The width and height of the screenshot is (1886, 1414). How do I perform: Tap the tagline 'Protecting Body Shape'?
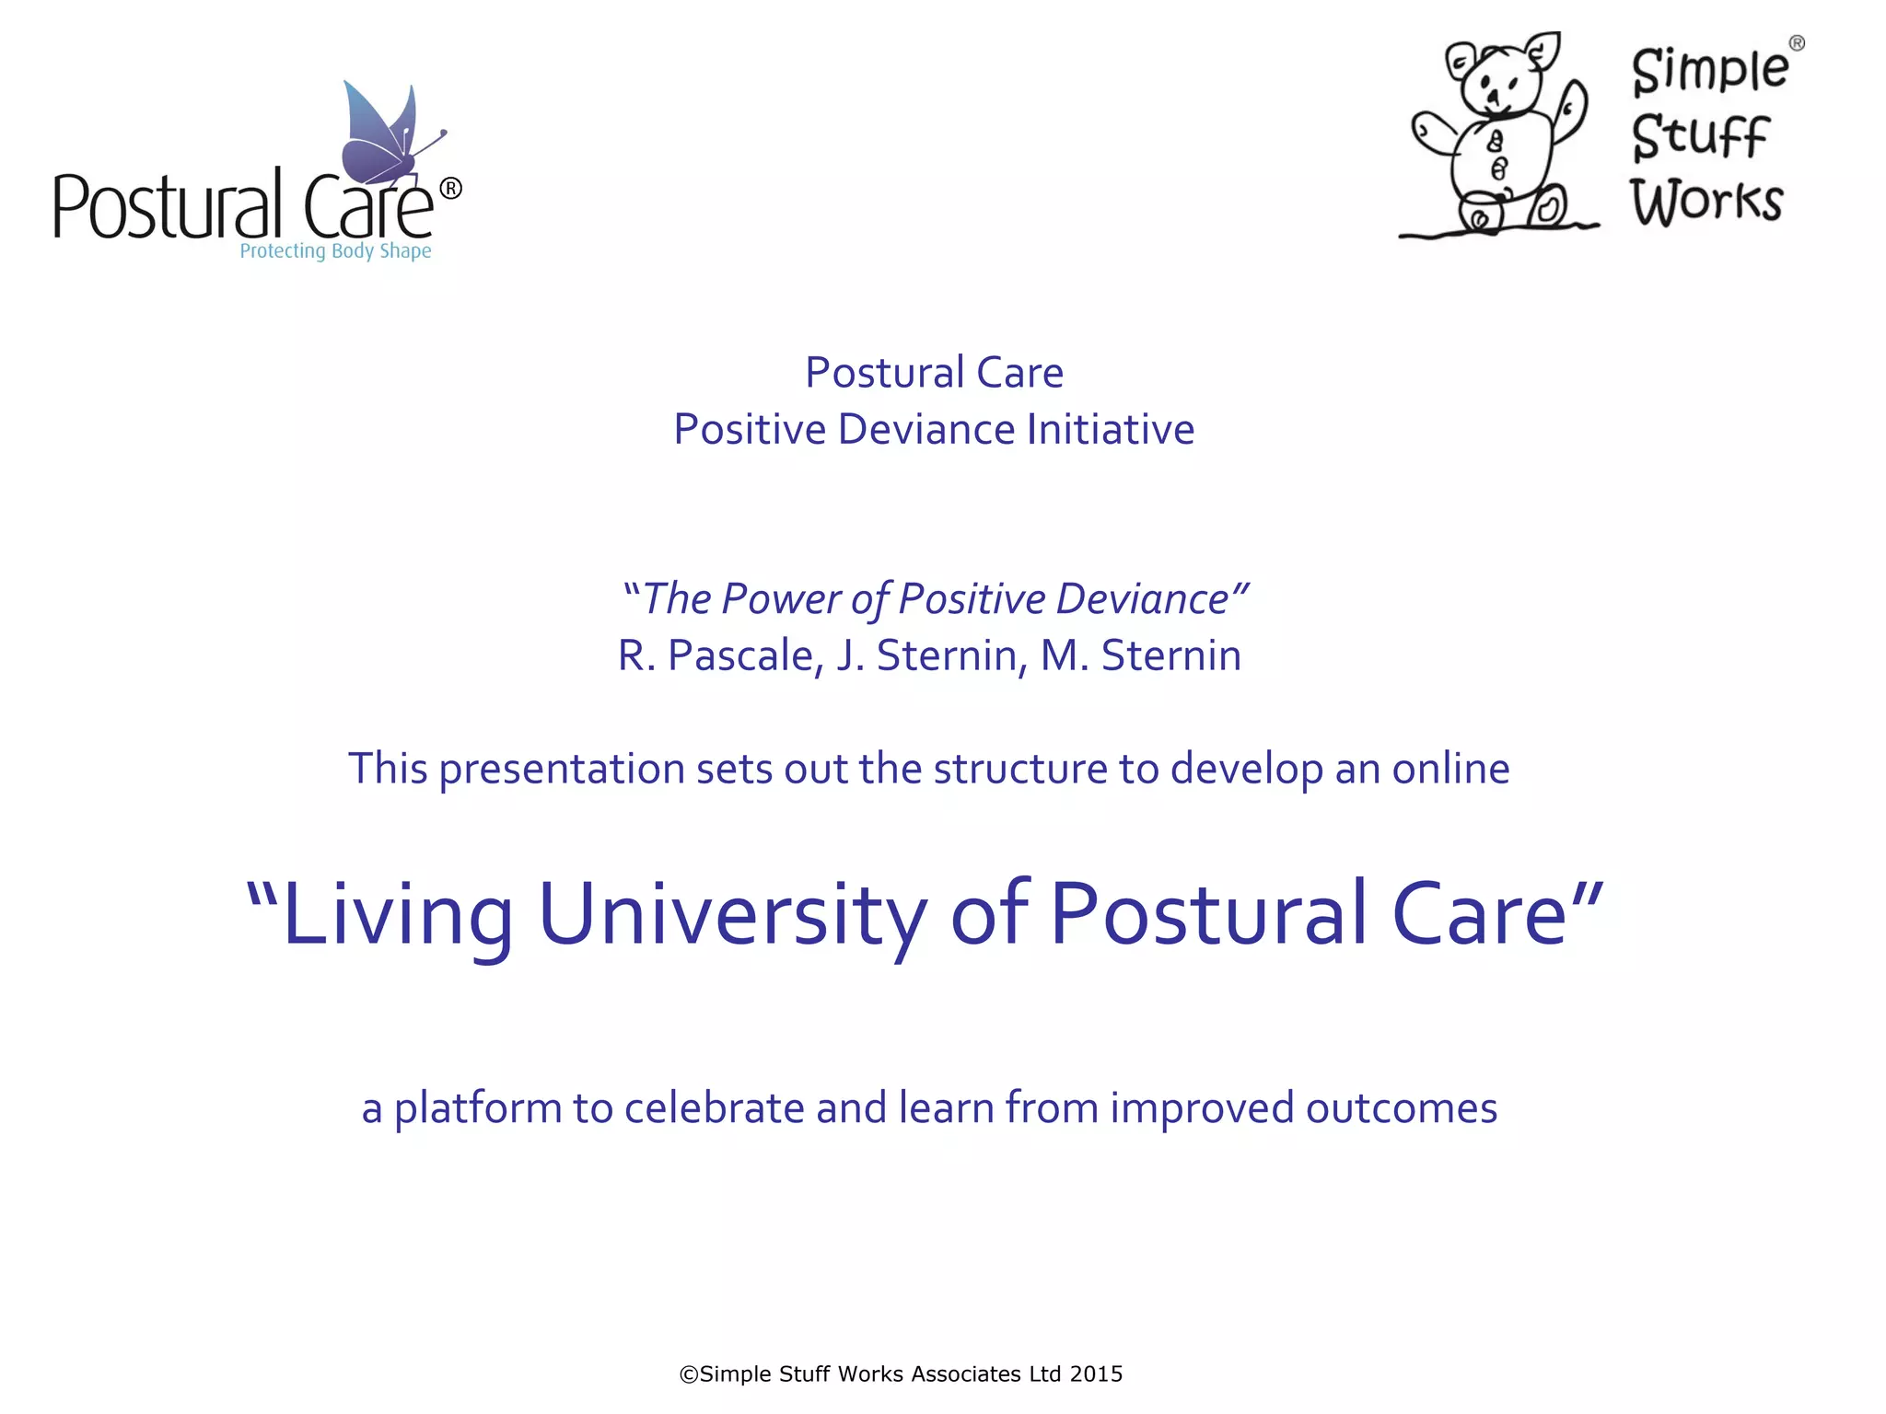pos(335,251)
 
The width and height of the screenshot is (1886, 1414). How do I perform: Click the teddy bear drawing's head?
pos(1497,78)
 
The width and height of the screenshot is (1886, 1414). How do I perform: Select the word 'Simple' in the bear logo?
pos(1709,71)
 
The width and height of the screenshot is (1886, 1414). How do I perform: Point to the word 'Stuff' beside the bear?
pos(1700,137)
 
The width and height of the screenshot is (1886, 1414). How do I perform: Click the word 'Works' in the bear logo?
pos(1706,202)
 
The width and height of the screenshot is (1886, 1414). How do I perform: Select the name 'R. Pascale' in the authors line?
pos(716,656)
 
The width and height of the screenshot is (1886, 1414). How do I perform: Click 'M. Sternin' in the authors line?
pos(1141,656)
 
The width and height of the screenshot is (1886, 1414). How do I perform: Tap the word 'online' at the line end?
pos(1450,769)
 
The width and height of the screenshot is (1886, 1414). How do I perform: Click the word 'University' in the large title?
pos(732,915)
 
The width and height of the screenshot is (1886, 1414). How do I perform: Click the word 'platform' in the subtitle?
pos(477,1108)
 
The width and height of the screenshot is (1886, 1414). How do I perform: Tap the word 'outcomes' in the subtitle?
pos(1401,1107)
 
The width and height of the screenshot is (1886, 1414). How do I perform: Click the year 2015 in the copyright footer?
pos(1096,1374)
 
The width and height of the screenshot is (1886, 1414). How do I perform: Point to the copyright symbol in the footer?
pos(689,1374)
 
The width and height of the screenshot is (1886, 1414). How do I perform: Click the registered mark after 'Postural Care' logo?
pos(450,189)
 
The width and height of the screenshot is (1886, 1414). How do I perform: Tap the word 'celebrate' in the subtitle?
pos(715,1107)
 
